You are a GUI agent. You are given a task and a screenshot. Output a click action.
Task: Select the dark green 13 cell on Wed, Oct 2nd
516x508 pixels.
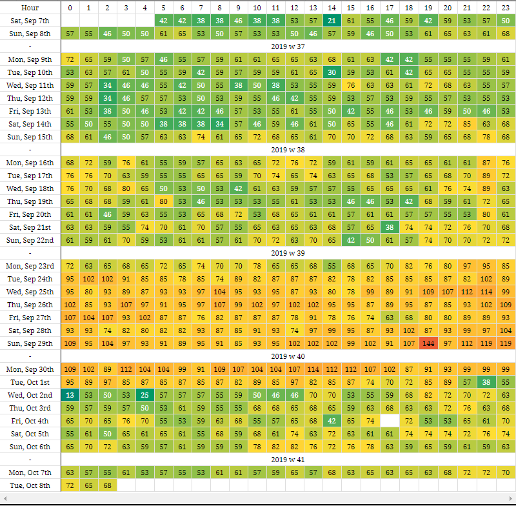coord(70,394)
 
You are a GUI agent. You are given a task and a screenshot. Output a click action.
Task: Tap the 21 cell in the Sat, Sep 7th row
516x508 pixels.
coord(332,21)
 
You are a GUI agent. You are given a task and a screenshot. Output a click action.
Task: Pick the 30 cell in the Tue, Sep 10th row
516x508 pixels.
coord(332,72)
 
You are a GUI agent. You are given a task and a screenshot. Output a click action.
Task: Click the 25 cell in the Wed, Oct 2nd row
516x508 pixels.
coord(144,394)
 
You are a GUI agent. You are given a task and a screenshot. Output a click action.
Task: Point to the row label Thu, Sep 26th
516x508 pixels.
coord(30,304)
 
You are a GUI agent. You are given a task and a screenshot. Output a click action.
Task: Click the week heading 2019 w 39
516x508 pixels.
coord(288,253)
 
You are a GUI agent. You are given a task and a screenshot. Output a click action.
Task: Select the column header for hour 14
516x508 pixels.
coord(332,7)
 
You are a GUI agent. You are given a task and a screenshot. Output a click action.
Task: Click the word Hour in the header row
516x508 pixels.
coord(30,7)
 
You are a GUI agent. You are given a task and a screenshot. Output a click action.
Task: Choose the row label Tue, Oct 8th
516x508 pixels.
coord(30,485)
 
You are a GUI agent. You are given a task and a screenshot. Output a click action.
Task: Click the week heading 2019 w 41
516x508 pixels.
coord(288,459)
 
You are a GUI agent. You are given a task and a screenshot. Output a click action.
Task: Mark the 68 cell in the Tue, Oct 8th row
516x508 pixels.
coord(107,485)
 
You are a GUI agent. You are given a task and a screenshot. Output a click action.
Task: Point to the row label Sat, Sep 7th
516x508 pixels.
coord(30,21)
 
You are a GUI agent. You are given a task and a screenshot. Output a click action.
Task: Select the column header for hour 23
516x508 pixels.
coord(506,7)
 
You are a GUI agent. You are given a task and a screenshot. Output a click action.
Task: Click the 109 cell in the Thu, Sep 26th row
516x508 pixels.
coord(506,304)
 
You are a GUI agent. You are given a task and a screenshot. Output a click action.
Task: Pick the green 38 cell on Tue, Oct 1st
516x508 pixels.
coord(488,381)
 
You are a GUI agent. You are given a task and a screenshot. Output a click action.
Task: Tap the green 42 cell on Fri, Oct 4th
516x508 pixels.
coord(332,420)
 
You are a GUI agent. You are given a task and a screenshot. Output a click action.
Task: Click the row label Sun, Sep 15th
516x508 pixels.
coord(30,137)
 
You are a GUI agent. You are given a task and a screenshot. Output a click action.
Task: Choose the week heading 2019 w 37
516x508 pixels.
coord(288,46)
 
